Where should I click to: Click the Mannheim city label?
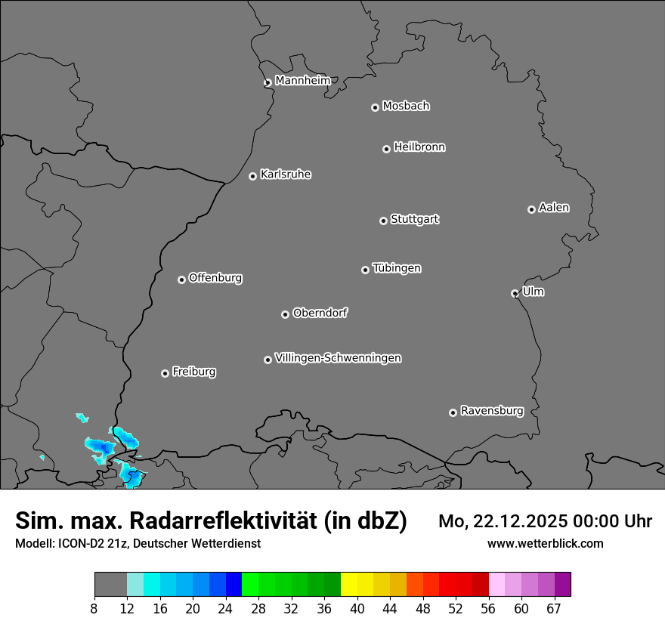point(302,81)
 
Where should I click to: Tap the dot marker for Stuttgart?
point(383,221)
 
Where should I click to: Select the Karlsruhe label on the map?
point(286,175)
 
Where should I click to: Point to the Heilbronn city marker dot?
point(386,149)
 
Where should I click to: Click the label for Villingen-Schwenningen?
point(338,358)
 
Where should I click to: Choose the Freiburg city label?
point(193,372)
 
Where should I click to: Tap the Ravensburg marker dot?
point(453,412)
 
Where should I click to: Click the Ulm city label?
point(533,292)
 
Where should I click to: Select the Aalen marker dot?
point(531,209)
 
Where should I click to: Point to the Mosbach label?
point(406,107)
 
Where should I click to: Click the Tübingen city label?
point(397,268)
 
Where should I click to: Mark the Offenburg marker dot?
point(181,280)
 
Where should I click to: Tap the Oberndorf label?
point(320,313)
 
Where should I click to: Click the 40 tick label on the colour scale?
point(357,609)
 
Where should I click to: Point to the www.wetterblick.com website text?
point(545,543)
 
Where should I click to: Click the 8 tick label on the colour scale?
point(94,609)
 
